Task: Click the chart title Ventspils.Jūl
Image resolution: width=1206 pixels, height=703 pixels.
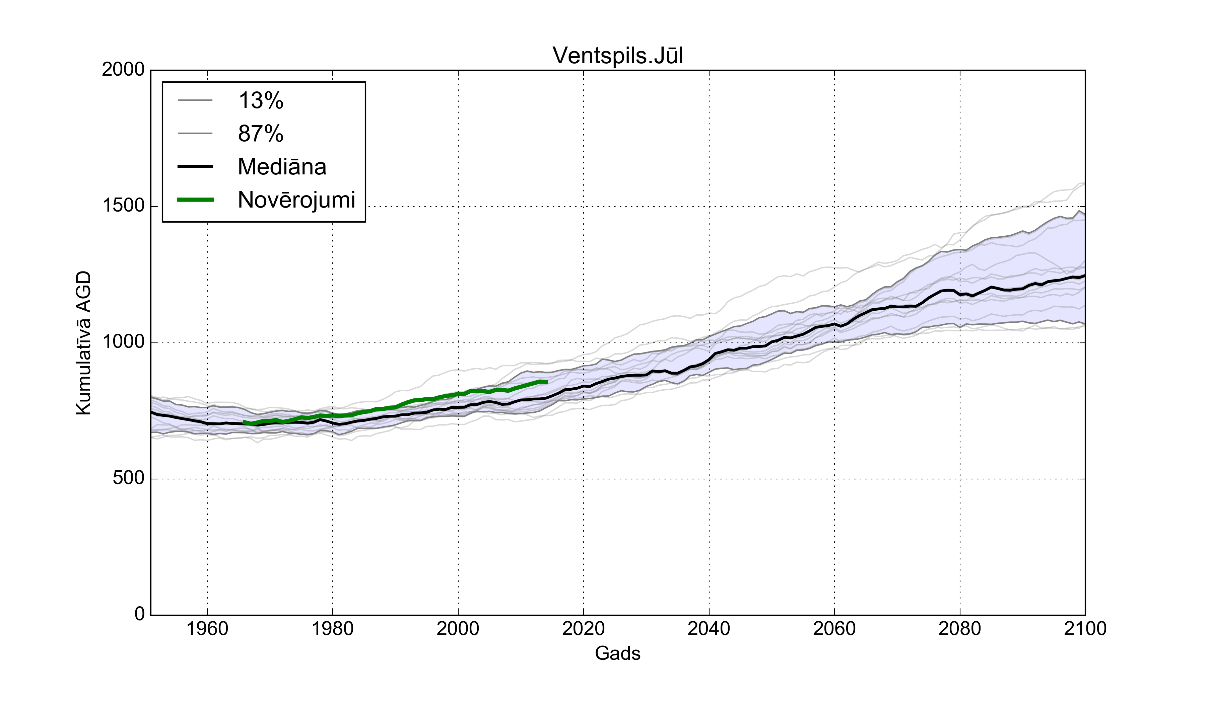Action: point(617,56)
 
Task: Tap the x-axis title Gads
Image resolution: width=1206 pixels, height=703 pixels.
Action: point(617,653)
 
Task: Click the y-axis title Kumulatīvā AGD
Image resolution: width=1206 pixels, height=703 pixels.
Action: point(84,342)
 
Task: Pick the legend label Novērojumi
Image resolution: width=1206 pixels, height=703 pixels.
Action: point(296,200)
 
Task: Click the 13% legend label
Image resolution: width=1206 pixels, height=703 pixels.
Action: point(261,101)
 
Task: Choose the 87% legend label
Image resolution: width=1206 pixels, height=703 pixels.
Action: point(261,134)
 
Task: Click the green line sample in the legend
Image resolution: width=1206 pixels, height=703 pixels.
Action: point(195,200)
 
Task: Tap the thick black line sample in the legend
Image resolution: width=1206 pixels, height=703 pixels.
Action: point(195,166)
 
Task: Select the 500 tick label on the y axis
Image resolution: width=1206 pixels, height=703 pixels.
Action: point(129,478)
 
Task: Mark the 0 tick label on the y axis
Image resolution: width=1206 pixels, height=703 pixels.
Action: point(140,614)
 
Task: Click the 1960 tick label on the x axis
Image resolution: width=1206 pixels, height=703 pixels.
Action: point(207,628)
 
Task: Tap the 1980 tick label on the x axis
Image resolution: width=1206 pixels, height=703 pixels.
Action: point(333,628)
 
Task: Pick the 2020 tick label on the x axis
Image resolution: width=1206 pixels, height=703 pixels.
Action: point(583,628)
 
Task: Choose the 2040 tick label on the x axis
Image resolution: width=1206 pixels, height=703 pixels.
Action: point(709,628)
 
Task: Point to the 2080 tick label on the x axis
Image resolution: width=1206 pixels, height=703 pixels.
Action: point(959,628)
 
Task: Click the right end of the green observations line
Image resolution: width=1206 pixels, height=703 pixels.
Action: point(546,382)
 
